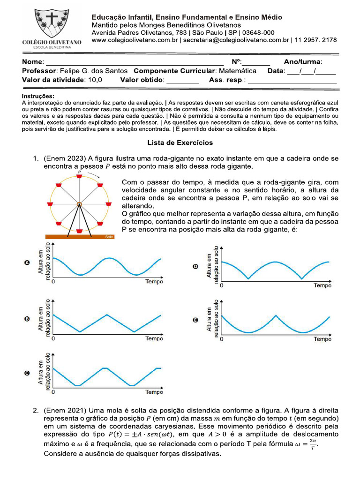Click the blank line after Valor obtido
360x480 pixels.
(x=183, y=81)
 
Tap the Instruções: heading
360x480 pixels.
(x=38, y=96)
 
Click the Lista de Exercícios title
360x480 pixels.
(x=180, y=142)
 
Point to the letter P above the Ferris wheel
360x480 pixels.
(x=79, y=172)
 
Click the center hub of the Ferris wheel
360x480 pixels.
(x=79, y=204)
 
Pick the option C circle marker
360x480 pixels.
(x=27, y=374)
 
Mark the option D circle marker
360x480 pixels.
(x=195, y=267)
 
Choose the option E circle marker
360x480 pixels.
(x=195, y=321)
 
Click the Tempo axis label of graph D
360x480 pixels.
(x=322, y=285)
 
